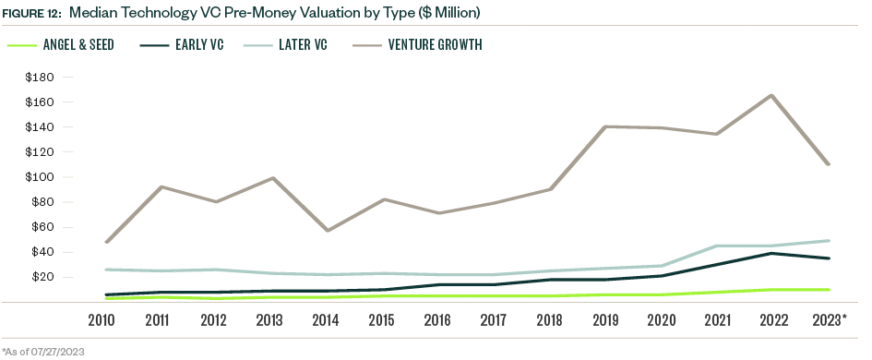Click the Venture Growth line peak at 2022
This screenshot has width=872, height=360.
[x=770, y=96]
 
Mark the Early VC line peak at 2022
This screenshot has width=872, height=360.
[x=770, y=253]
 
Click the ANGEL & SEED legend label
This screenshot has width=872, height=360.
[x=78, y=44]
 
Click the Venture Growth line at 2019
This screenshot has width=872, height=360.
[x=603, y=126]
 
